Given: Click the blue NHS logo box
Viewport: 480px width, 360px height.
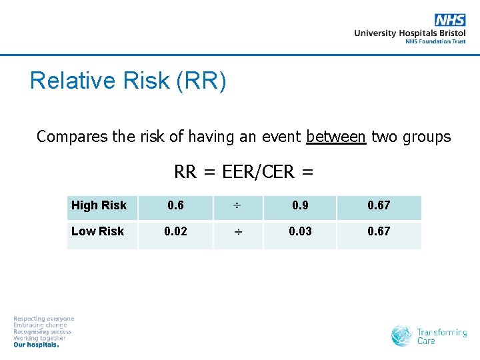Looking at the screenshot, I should point(450,20).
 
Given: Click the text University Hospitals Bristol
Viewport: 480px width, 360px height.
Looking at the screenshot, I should point(409,33).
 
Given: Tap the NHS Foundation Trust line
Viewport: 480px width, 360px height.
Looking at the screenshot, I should point(435,41).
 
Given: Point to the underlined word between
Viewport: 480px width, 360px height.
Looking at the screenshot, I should point(336,137).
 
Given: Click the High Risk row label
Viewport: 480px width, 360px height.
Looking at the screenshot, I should point(99,205).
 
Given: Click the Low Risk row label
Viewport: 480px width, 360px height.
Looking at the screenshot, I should point(97,231).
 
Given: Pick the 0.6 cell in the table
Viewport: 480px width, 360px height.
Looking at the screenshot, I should point(175,205).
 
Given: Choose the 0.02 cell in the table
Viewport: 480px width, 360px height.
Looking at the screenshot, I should point(175,231).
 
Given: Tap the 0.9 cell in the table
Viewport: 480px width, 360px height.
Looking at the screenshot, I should point(299,205).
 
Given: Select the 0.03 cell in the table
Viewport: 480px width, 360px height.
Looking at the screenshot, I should point(299,231).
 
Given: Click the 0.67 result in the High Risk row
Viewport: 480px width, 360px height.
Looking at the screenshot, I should point(379,205).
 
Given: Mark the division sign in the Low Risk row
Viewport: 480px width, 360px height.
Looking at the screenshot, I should point(238,232).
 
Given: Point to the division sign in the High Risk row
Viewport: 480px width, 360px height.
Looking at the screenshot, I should point(238,206).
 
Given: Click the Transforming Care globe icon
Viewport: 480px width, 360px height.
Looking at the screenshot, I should point(402,336).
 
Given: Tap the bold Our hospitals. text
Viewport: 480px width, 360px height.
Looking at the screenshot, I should point(37,345).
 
